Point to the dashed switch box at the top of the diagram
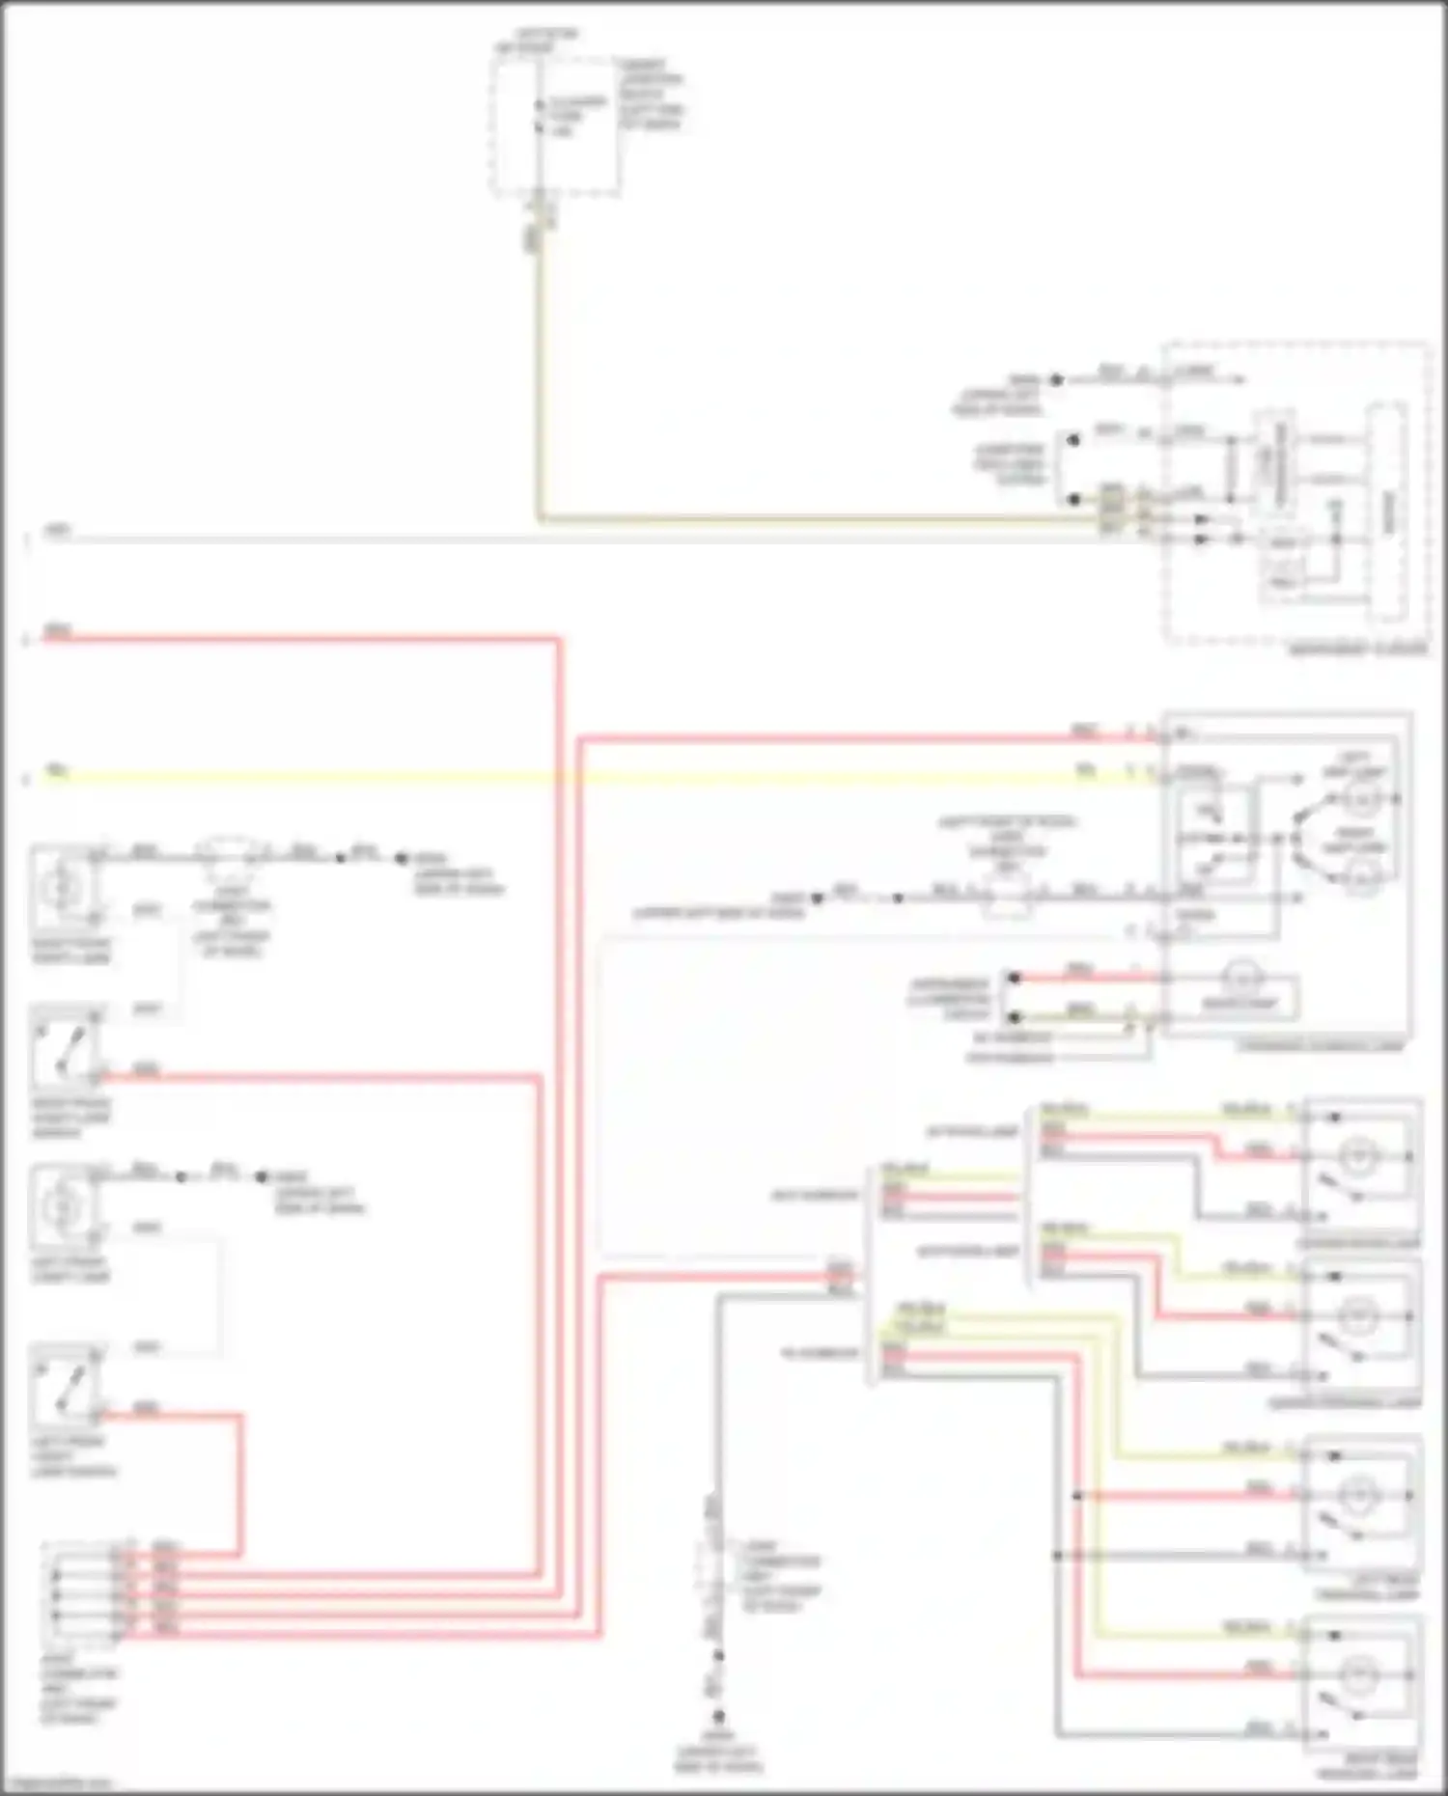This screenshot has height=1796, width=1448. tap(555, 125)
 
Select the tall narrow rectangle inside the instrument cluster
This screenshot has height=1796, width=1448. tap(1386, 512)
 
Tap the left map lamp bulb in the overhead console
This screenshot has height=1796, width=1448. tap(1363, 799)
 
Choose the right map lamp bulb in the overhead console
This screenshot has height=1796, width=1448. tap(1363, 878)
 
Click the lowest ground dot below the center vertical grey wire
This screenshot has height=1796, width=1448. tap(718, 1717)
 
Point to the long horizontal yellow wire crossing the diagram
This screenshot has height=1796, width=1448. tap(579, 777)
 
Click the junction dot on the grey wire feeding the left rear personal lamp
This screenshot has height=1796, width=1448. tap(1058, 1555)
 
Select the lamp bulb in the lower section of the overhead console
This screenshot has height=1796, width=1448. tap(1241, 979)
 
